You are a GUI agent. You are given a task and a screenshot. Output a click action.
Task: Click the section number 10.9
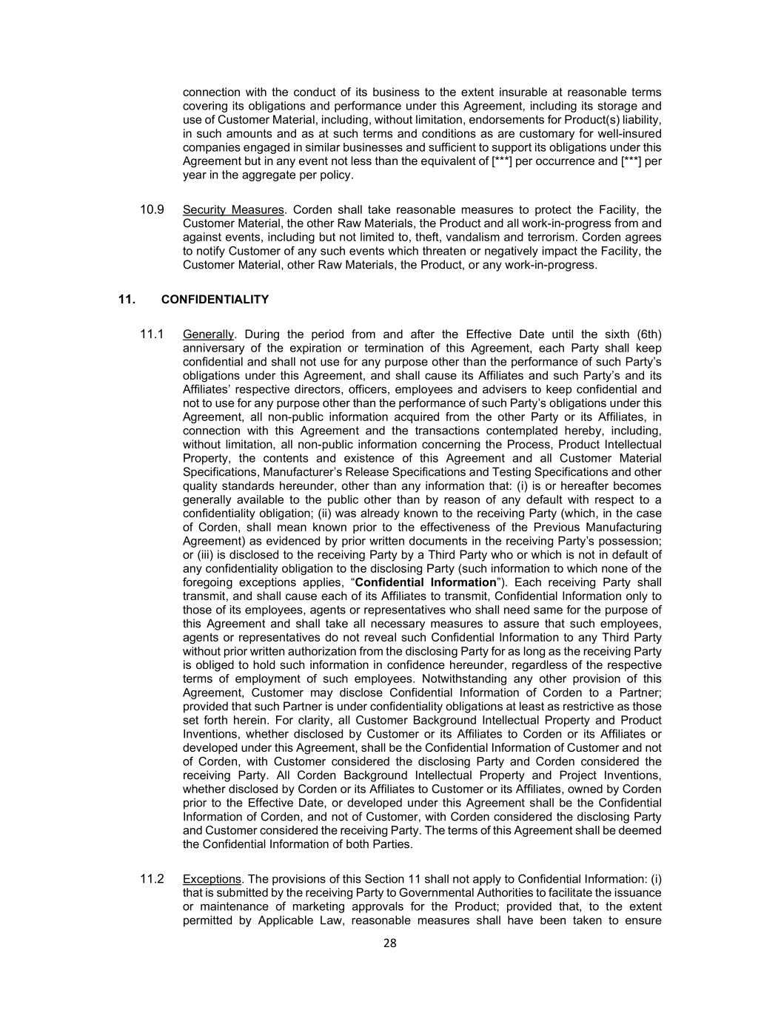tap(152, 209)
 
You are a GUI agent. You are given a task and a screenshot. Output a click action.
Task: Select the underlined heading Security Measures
tap(232, 209)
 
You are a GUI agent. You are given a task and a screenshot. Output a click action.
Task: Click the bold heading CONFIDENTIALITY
tap(215, 300)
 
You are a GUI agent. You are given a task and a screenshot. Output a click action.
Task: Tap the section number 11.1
tap(152, 334)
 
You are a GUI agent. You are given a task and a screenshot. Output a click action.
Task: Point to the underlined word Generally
tap(208, 334)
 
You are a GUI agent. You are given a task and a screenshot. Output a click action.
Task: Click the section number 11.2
tap(152, 879)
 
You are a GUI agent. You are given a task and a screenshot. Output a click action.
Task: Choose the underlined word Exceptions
tap(212, 879)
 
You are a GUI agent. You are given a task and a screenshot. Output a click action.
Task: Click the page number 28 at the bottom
tap(390, 943)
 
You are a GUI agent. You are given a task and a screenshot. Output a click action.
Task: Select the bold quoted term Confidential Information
tap(426, 582)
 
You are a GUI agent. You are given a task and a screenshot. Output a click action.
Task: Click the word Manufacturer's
tap(292, 472)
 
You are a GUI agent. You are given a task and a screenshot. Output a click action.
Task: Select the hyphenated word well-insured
tap(628, 134)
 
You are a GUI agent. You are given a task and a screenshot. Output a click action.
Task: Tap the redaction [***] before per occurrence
tap(501, 161)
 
